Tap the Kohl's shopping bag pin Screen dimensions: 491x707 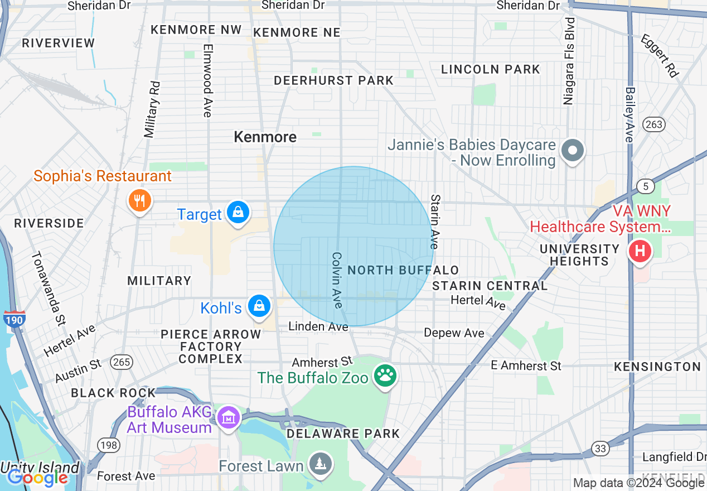point(259,306)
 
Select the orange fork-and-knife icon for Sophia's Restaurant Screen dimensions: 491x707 point(139,200)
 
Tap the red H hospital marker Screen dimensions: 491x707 point(640,251)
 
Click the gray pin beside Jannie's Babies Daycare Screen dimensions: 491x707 point(573,151)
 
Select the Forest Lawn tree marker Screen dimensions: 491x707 point(321,464)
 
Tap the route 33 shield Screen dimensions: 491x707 point(600,447)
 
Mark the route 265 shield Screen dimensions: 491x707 point(122,362)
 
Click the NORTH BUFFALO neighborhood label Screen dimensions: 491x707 point(403,271)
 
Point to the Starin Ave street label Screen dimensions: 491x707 point(435,222)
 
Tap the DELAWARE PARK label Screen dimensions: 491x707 point(343,434)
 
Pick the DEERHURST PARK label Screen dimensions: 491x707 point(333,80)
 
